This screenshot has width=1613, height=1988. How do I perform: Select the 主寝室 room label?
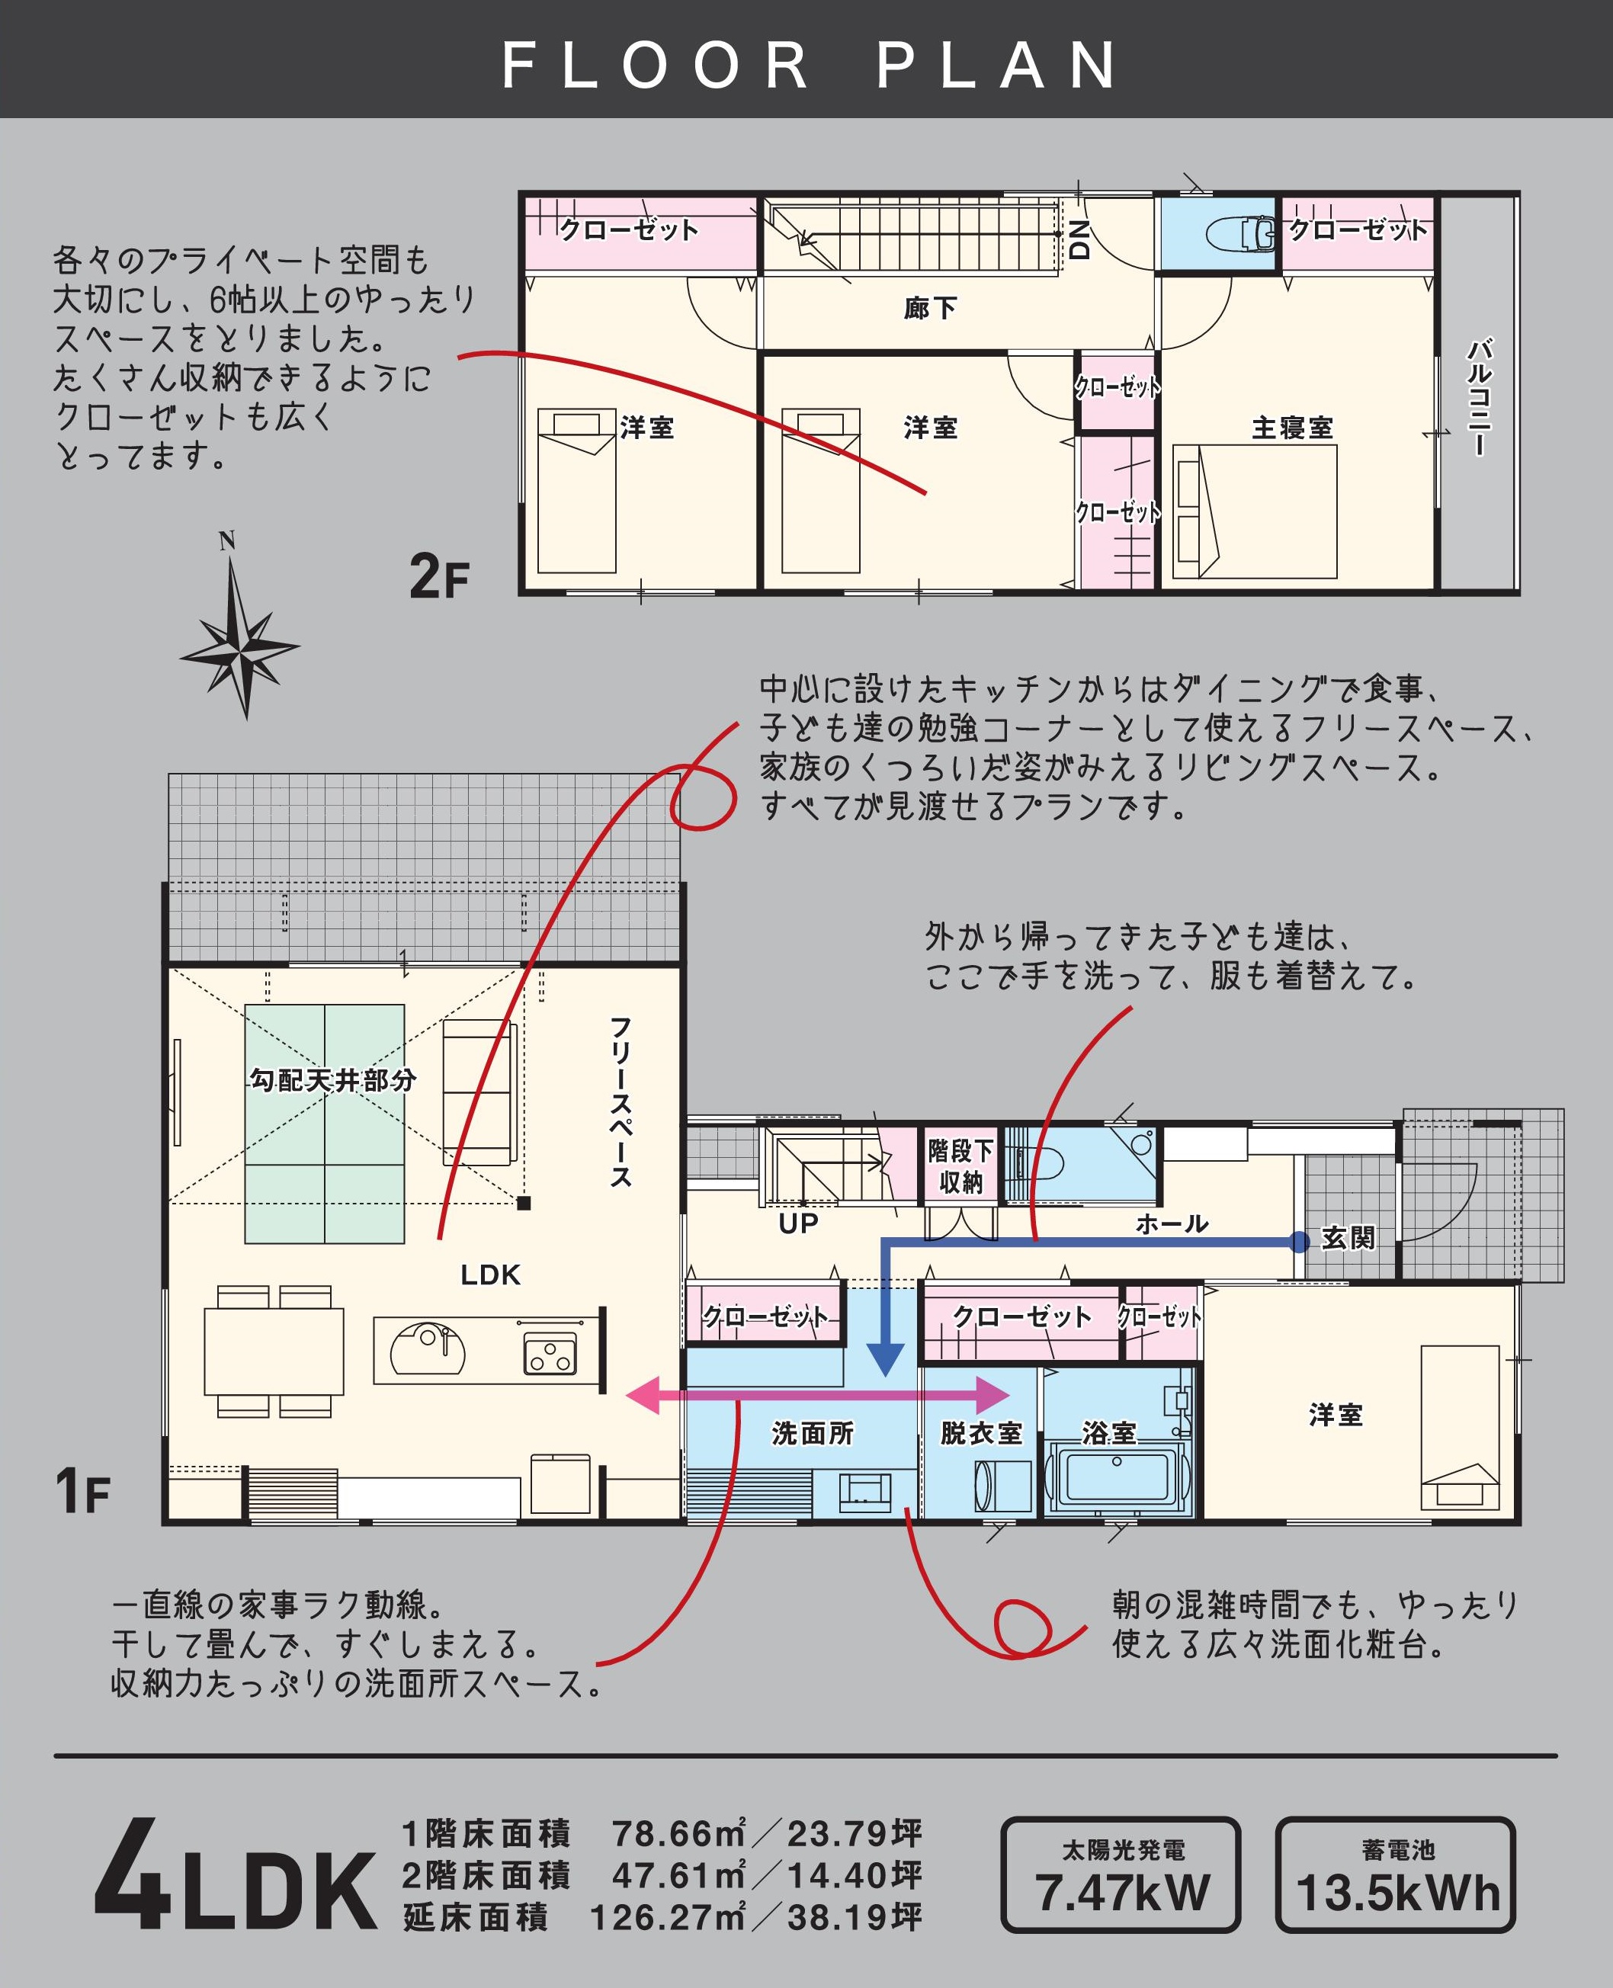(1292, 428)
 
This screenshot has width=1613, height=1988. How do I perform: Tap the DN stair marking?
(1079, 239)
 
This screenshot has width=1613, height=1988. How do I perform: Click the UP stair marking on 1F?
(798, 1223)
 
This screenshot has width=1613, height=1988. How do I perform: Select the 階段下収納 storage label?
(960, 1167)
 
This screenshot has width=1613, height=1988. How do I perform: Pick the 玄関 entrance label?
(1348, 1239)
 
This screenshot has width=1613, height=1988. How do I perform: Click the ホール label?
(1172, 1224)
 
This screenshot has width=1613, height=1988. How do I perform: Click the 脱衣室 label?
(981, 1433)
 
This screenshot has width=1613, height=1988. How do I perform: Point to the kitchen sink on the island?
(428, 1349)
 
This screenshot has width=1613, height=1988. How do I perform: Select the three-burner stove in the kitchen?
(550, 1352)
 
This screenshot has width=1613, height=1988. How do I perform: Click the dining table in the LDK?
(274, 1352)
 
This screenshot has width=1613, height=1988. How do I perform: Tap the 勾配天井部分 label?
(332, 1080)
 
